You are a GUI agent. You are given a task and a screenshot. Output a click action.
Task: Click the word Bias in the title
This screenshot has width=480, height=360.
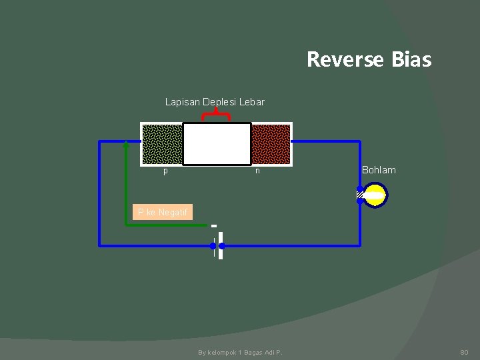coord(412,60)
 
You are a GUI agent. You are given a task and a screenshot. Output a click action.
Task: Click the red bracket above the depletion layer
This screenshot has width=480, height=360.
coord(216,115)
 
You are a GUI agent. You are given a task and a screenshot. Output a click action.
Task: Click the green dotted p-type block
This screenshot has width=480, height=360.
coord(163,144)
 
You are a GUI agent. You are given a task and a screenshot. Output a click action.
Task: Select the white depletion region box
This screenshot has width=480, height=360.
coord(217,144)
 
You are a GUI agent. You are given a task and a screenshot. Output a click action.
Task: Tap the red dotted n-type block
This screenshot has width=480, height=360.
coord(271,144)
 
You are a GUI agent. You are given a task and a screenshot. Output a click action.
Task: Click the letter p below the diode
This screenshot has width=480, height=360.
coord(166,171)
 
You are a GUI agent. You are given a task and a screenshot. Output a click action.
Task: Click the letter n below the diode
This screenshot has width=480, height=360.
coord(257,171)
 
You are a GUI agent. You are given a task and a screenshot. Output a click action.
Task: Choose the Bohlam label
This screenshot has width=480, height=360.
coord(379,170)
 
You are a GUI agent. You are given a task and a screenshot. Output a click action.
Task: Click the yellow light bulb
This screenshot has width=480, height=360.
coord(375,195)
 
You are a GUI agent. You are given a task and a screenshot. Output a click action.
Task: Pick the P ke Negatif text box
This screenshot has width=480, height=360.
coord(162,212)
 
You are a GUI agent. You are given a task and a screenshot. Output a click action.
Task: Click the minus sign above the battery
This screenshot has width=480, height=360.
coord(214,225)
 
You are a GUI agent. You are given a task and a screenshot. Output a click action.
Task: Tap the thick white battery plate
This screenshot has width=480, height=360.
coord(220,245)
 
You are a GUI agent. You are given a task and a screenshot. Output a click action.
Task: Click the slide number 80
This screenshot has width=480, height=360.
coord(465,351)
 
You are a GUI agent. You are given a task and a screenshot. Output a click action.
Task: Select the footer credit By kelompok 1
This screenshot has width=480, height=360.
coord(240,352)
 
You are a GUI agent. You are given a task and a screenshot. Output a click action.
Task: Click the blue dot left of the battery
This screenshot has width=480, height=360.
coord(213,245)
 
